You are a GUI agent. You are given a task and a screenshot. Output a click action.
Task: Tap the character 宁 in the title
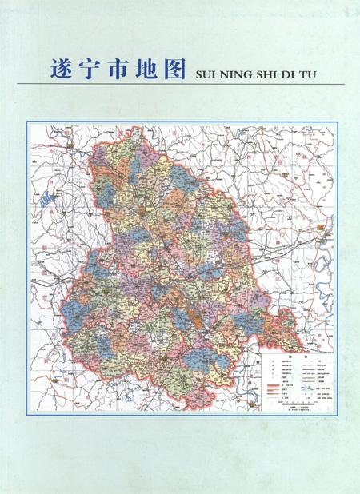point(86,69)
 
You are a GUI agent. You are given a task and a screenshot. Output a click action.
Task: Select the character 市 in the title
point(114,69)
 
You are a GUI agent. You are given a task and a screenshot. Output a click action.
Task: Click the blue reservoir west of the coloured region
point(50,194)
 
